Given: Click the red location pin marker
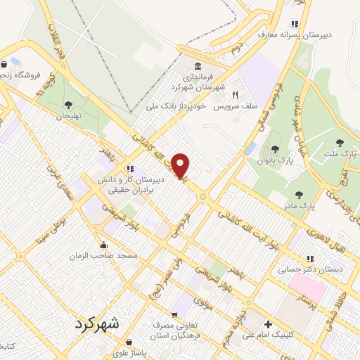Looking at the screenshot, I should pos(181,165).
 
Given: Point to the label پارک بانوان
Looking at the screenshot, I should pos(274,161).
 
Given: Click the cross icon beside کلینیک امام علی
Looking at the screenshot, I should pos(267,324).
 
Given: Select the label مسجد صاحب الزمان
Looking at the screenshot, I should pos(103,257).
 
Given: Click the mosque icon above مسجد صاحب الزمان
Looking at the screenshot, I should pos(104,245).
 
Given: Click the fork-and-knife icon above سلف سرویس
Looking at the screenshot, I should pos(236,96).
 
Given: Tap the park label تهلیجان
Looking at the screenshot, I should pos(69,115).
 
